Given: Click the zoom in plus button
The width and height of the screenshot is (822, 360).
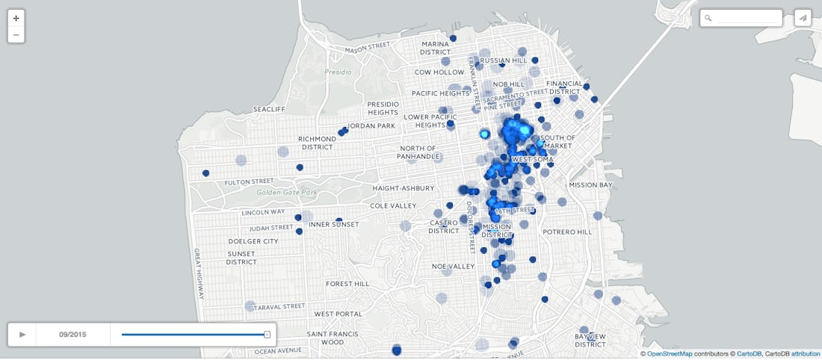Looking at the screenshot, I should click(16, 18).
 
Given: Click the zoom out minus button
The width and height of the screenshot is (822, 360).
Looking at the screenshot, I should click(16, 35).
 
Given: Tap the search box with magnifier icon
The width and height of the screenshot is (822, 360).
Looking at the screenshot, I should click(741, 18).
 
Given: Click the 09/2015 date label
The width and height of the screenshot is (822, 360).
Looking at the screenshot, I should click(72, 335).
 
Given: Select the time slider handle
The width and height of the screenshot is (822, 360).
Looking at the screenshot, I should click(267, 335).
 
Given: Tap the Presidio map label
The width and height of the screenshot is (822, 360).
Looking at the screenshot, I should click(337, 72).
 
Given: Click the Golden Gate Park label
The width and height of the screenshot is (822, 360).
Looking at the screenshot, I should click(284, 193).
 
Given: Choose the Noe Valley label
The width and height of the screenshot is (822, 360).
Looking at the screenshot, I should click(453, 267).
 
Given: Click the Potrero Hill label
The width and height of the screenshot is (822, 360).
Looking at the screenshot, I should click(567, 232).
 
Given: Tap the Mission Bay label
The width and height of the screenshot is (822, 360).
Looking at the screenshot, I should click(590, 184).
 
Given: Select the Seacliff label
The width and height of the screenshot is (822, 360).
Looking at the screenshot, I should click(269, 109).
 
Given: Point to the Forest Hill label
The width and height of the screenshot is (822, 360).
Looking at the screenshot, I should click(347, 284).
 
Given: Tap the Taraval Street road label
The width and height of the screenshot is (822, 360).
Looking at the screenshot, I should click(279, 306).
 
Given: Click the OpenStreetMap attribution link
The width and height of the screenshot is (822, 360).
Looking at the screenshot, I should click(669, 354).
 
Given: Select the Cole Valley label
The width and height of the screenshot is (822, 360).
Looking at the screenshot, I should click(393, 205).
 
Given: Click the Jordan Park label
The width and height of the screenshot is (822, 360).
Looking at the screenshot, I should click(371, 125).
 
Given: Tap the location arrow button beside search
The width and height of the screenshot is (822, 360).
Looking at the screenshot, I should click(803, 18).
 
